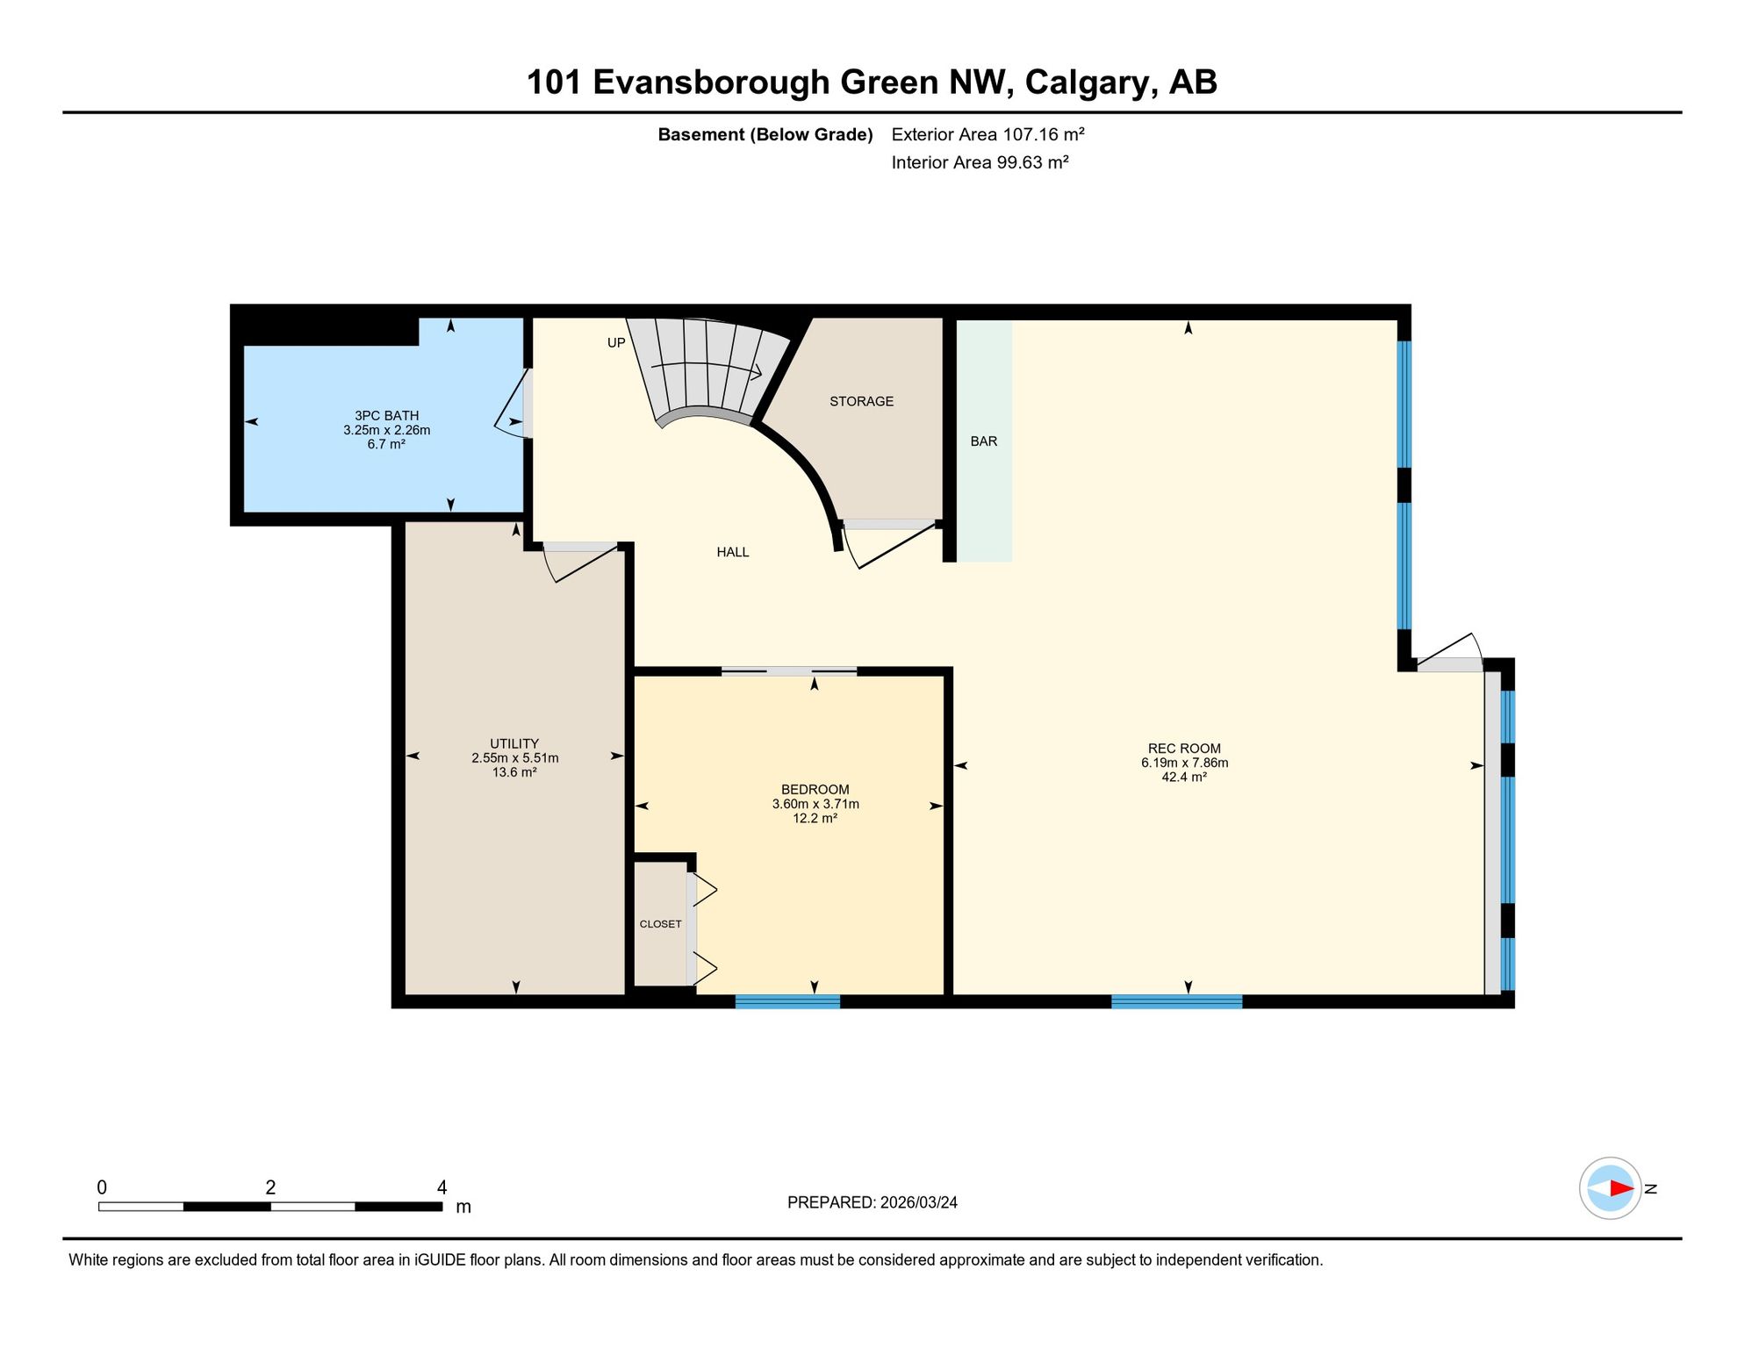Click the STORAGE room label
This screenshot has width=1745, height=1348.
coord(861,401)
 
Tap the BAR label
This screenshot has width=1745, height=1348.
coord(984,441)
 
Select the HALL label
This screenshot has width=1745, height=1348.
coord(733,552)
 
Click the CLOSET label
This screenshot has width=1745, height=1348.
coord(660,924)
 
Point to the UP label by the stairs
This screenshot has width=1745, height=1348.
coord(616,343)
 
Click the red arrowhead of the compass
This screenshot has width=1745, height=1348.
coord(1622,1188)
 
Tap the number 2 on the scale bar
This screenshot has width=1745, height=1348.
coord(270,1187)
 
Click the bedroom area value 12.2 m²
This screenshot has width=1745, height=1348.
coord(815,818)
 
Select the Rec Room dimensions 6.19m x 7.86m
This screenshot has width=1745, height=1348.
coord(1184,763)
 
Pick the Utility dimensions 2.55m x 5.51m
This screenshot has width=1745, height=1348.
coord(514,758)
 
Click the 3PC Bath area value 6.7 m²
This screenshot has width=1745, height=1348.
coord(386,444)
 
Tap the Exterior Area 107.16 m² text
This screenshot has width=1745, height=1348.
coord(987,134)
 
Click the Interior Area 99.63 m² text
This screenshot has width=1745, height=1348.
coord(980,162)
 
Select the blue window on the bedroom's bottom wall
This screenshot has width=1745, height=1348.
coord(787,1001)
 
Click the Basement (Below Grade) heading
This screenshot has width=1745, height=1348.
coord(765,134)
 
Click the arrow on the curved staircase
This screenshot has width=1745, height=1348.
coord(706,369)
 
